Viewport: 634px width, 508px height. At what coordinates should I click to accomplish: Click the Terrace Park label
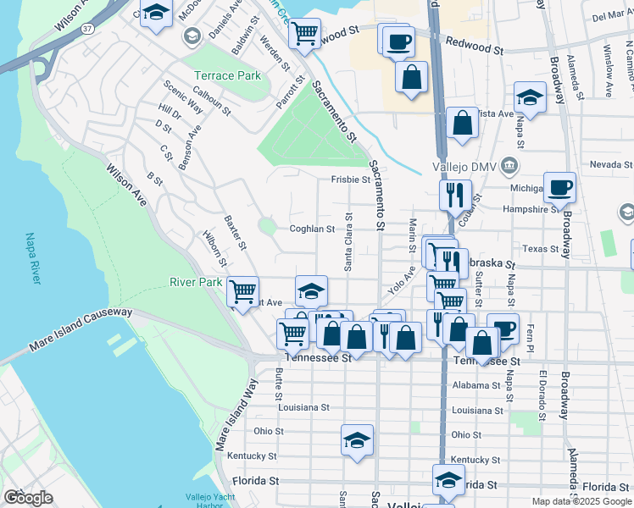[227, 75]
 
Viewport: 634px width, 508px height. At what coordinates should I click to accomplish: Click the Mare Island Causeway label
[81, 329]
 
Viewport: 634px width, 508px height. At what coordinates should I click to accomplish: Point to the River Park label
[196, 282]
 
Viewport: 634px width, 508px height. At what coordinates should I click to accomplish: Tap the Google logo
[29, 498]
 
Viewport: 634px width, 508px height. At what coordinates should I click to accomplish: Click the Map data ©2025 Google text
[581, 501]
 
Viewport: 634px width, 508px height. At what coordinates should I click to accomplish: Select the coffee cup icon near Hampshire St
[559, 186]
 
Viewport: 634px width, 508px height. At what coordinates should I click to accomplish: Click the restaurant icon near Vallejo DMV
[455, 194]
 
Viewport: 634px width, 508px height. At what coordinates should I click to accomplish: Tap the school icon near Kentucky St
[358, 439]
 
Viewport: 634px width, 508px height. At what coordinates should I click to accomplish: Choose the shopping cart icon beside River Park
[243, 291]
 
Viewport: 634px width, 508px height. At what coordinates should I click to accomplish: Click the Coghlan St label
[313, 229]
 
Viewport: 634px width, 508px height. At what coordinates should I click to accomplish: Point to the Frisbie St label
[350, 179]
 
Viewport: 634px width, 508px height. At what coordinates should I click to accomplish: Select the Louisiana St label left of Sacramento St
[303, 407]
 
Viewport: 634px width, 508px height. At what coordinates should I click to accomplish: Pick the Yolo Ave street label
[403, 279]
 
